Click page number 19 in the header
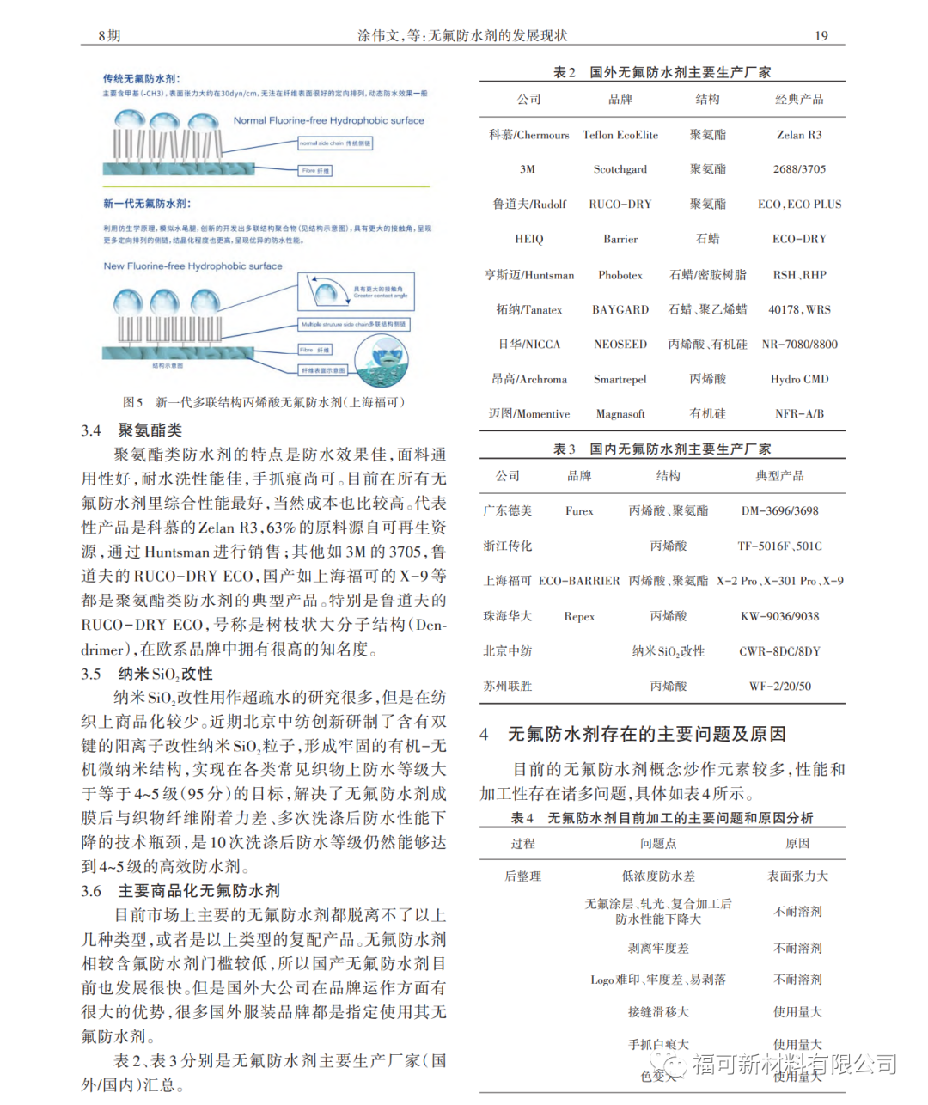(x=821, y=35)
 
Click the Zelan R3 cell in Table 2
(x=799, y=135)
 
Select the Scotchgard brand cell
(x=620, y=169)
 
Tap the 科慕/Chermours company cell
(x=528, y=135)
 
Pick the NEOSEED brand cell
(x=620, y=345)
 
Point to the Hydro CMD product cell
(x=799, y=379)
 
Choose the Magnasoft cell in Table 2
(x=620, y=413)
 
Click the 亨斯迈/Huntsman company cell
(x=528, y=275)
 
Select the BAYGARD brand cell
(x=620, y=309)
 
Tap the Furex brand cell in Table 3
(x=579, y=510)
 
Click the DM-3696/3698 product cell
(x=779, y=510)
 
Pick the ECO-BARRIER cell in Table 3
(x=579, y=581)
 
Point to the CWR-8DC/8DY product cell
(x=779, y=651)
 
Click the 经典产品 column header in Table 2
(x=799, y=100)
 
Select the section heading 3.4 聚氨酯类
(x=131, y=430)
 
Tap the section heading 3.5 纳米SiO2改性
(x=147, y=674)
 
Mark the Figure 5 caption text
(x=263, y=402)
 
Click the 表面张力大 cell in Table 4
(x=797, y=876)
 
